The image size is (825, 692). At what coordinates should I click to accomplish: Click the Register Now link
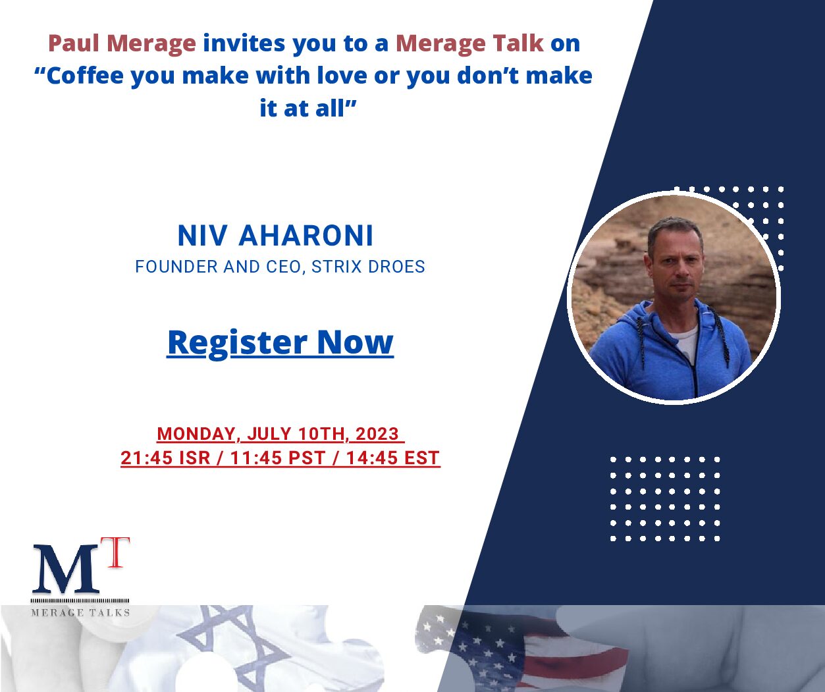[x=280, y=342]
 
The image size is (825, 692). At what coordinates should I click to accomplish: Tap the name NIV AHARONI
[x=275, y=236]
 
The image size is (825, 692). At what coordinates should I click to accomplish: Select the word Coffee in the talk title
[x=86, y=76]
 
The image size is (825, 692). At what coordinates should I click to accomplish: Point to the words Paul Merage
[x=122, y=43]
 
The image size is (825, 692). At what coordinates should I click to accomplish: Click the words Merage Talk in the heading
[x=470, y=43]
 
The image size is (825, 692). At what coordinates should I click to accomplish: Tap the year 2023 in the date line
[x=377, y=434]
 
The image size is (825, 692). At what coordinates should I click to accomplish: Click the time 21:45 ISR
[x=165, y=458]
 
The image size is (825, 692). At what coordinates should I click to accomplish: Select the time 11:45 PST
[x=278, y=458]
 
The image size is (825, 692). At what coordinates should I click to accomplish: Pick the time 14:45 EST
[x=392, y=458]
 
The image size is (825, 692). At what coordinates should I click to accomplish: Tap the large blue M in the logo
[x=66, y=570]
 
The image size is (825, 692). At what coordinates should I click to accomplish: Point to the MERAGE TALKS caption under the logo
[x=80, y=613]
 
